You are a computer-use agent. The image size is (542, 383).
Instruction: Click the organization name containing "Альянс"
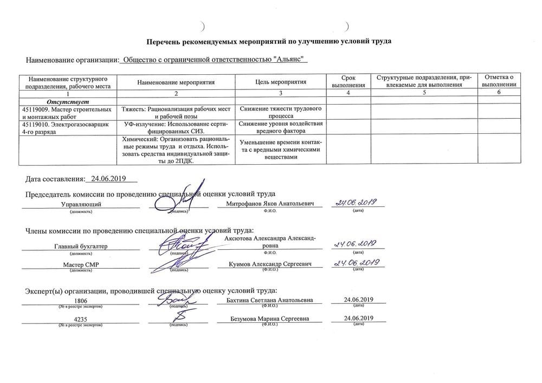(216, 60)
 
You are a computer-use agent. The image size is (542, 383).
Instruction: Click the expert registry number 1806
(81, 301)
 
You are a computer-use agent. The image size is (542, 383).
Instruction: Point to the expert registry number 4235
(81, 319)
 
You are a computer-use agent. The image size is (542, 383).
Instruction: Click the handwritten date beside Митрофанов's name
(357, 203)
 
